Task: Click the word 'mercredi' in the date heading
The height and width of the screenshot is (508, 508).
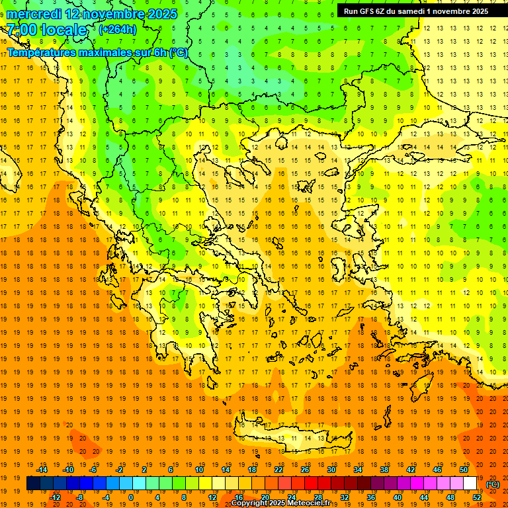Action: (x=34, y=14)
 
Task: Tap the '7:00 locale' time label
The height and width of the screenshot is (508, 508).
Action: (x=47, y=30)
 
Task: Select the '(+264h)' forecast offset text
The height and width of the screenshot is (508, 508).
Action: (x=118, y=29)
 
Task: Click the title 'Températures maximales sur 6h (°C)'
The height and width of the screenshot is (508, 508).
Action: (x=97, y=52)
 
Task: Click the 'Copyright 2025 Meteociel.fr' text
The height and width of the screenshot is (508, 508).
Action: (x=280, y=503)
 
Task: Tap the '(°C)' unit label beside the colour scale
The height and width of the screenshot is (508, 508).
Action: (x=493, y=484)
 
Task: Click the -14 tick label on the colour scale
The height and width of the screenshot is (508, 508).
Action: (x=42, y=470)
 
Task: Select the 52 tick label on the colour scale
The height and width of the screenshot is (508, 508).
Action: (x=477, y=497)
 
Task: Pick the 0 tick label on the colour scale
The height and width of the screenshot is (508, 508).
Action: (x=130, y=497)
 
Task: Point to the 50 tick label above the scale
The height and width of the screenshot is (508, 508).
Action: (x=464, y=470)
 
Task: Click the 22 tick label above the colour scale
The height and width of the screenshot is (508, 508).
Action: (x=278, y=470)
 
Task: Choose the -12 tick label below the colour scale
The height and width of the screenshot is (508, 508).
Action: (x=56, y=497)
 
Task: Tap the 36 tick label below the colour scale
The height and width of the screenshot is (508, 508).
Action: (x=371, y=497)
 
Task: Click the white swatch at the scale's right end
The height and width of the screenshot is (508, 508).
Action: (x=470, y=484)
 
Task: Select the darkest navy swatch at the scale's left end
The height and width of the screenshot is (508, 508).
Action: (x=33, y=484)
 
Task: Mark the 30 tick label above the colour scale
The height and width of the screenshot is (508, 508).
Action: (x=331, y=470)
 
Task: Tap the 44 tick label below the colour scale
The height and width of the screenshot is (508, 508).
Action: (x=424, y=497)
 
